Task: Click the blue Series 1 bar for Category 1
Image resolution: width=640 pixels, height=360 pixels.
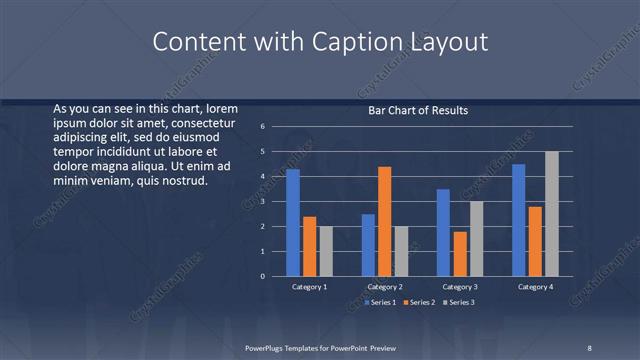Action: (293, 222)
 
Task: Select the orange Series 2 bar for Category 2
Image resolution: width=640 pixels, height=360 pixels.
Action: (385, 221)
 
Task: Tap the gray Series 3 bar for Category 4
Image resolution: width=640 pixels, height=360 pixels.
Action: (551, 213)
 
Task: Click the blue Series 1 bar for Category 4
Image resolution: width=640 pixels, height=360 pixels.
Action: (519, 220)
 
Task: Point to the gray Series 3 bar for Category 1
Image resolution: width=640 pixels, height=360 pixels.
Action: (326, 251)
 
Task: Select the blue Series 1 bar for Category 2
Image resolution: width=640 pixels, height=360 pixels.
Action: (368, 245)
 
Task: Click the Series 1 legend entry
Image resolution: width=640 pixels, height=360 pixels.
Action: (382, 302)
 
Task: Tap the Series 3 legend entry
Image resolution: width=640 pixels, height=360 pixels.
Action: (459, 302)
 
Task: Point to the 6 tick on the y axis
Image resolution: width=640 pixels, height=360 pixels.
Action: (261, 127)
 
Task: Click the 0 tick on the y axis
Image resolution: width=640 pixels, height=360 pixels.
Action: (261, 276)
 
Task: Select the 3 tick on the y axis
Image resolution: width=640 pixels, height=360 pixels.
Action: (261, 202)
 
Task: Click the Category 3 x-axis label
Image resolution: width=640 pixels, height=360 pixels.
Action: (460, 287)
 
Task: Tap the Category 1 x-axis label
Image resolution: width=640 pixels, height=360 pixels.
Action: (309, 287)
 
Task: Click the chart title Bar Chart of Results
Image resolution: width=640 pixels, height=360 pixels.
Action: (418, 110)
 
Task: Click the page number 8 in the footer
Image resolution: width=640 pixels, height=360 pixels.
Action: (589, 346)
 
